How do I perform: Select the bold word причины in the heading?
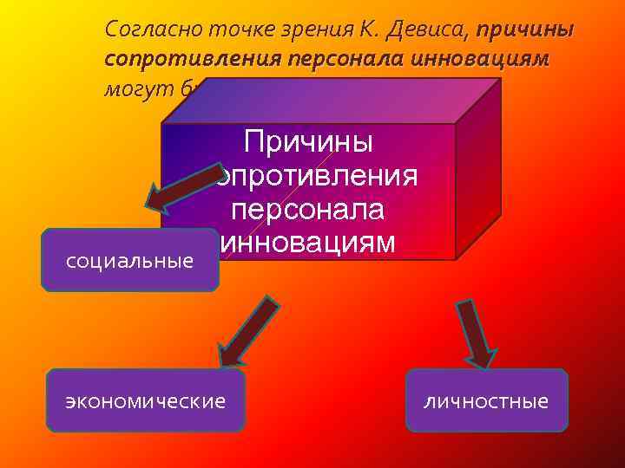(524, 29)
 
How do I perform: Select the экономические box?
(145, 400)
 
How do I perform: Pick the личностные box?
(486, 400)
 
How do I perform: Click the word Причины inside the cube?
(308, 141)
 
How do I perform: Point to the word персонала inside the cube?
(308, 210)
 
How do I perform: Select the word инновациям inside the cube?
(308, 242)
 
